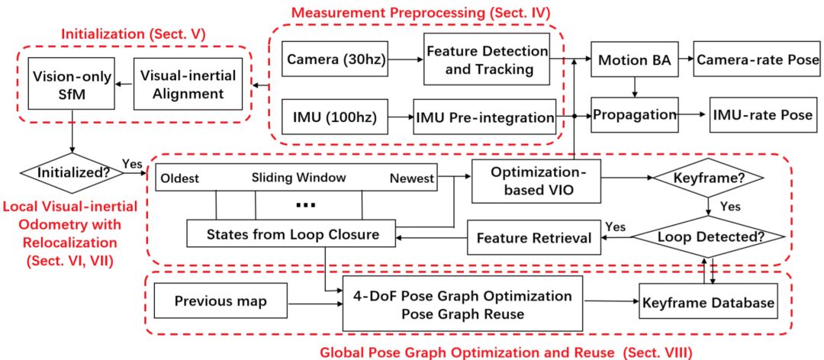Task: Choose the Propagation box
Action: click(x=635, y=115)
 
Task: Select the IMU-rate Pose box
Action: click(x=761, y=115)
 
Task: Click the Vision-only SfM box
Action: click(x=70, y=85)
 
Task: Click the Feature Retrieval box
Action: click(x=533, y=238)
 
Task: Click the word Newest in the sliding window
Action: click(x=411, y=178)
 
